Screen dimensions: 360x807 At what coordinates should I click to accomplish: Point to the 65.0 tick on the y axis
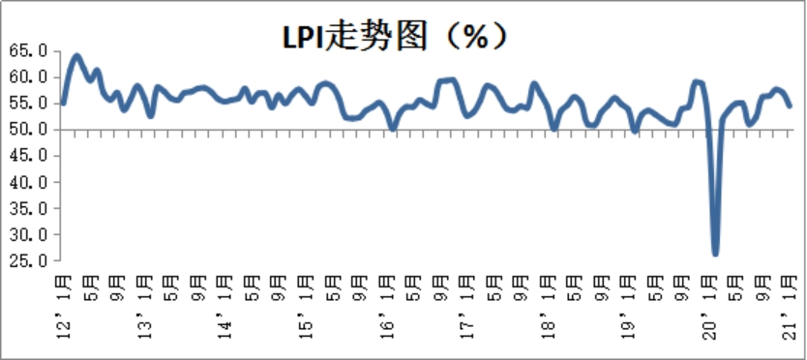30,49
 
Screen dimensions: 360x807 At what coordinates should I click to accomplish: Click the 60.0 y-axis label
30,76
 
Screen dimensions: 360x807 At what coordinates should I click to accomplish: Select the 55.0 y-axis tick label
30,103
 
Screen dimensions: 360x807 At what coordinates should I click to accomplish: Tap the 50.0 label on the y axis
30,129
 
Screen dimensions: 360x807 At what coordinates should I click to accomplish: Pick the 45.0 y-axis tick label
30,155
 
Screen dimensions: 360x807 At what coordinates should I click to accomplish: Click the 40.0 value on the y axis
30,182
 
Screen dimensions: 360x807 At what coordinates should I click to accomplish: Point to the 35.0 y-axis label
30,208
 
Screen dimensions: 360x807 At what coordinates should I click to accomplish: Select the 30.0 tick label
30,234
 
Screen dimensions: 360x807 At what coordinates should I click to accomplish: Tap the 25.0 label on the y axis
30,260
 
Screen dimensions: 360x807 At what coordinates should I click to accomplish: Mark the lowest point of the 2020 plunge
715,254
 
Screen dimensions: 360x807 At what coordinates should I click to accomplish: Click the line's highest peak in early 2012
76,56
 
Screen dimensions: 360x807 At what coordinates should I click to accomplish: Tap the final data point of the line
790,105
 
